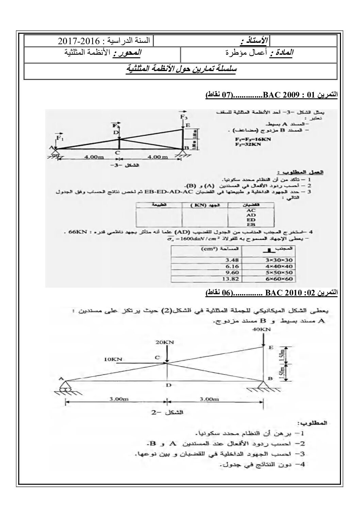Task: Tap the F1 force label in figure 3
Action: [x=60, y=138]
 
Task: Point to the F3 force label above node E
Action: [x=184, y=117]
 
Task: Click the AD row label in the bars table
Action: [x=251, y=215]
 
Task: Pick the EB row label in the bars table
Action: [x=251, y=224]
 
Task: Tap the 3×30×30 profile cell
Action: [x=279, y=260]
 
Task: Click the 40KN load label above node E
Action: [x=262, y=329]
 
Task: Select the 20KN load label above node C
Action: [x=167, y=342]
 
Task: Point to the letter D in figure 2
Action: [x=168, y=385]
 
